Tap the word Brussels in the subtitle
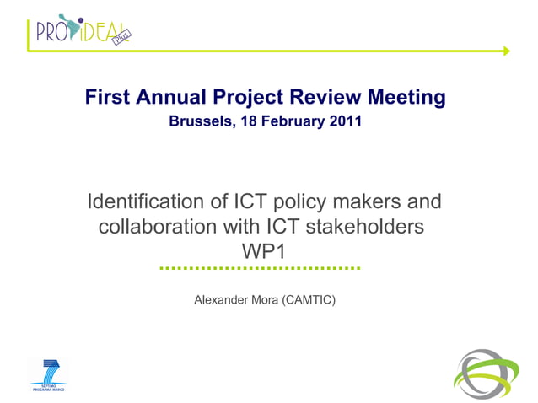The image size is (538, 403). click(x=199, y=121)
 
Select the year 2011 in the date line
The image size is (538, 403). click(x=345, y=121)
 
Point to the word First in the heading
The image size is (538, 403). click(x=107, y=98)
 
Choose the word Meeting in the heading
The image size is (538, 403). click(x=408, y=98)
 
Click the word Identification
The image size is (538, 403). click(x=143, y=203)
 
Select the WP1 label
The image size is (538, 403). click(x=264, y=251)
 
